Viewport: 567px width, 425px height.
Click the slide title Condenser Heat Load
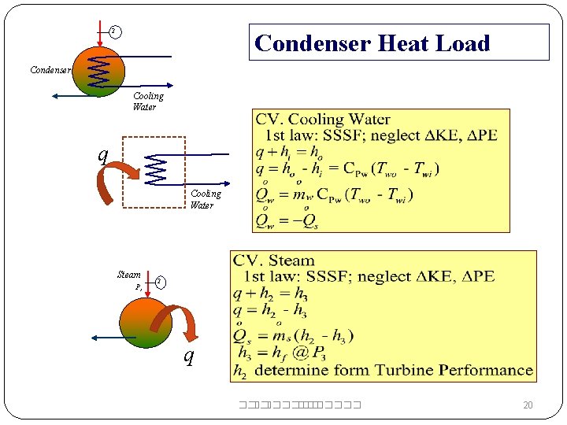pos(372,43)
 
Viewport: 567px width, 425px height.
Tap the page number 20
pos(528,405)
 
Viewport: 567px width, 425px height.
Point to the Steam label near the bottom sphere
pos(129,275)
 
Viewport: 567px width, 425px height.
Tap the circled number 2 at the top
pos(114,31)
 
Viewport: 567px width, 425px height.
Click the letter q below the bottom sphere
pos(188,357)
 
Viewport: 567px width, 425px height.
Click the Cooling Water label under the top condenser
pos(147,102)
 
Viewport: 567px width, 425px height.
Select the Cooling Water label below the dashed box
pos(205,199)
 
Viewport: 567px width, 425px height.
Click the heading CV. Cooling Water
pos(323,120)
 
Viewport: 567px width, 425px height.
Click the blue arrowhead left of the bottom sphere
pos(95,338)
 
